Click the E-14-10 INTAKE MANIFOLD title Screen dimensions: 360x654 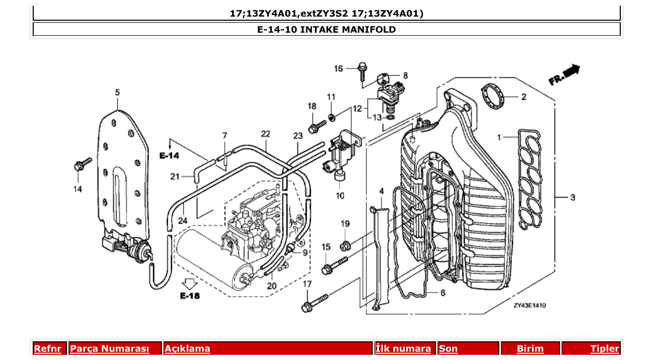[x=326, y=30]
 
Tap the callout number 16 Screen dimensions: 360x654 [x=338, y=68]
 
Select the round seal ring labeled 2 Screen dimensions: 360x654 [x=493, y=96]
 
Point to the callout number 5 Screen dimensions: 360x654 [x=117, y=92]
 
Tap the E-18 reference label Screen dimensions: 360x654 [x=190, y=296]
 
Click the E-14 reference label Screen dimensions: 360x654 [x=169, y=155]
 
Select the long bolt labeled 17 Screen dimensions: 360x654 [x=315, y=302]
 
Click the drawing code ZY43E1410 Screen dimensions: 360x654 [x=529, y=306]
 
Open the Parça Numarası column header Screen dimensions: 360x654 [x=110, y=349]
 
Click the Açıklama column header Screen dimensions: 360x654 [x=187, y=349]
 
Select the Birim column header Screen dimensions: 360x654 [x=530, y=349]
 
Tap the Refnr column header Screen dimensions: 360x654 [x=47, y=349]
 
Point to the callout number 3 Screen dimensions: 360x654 [x=573, y=197]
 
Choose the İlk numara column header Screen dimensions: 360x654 [x=403, y=349]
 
